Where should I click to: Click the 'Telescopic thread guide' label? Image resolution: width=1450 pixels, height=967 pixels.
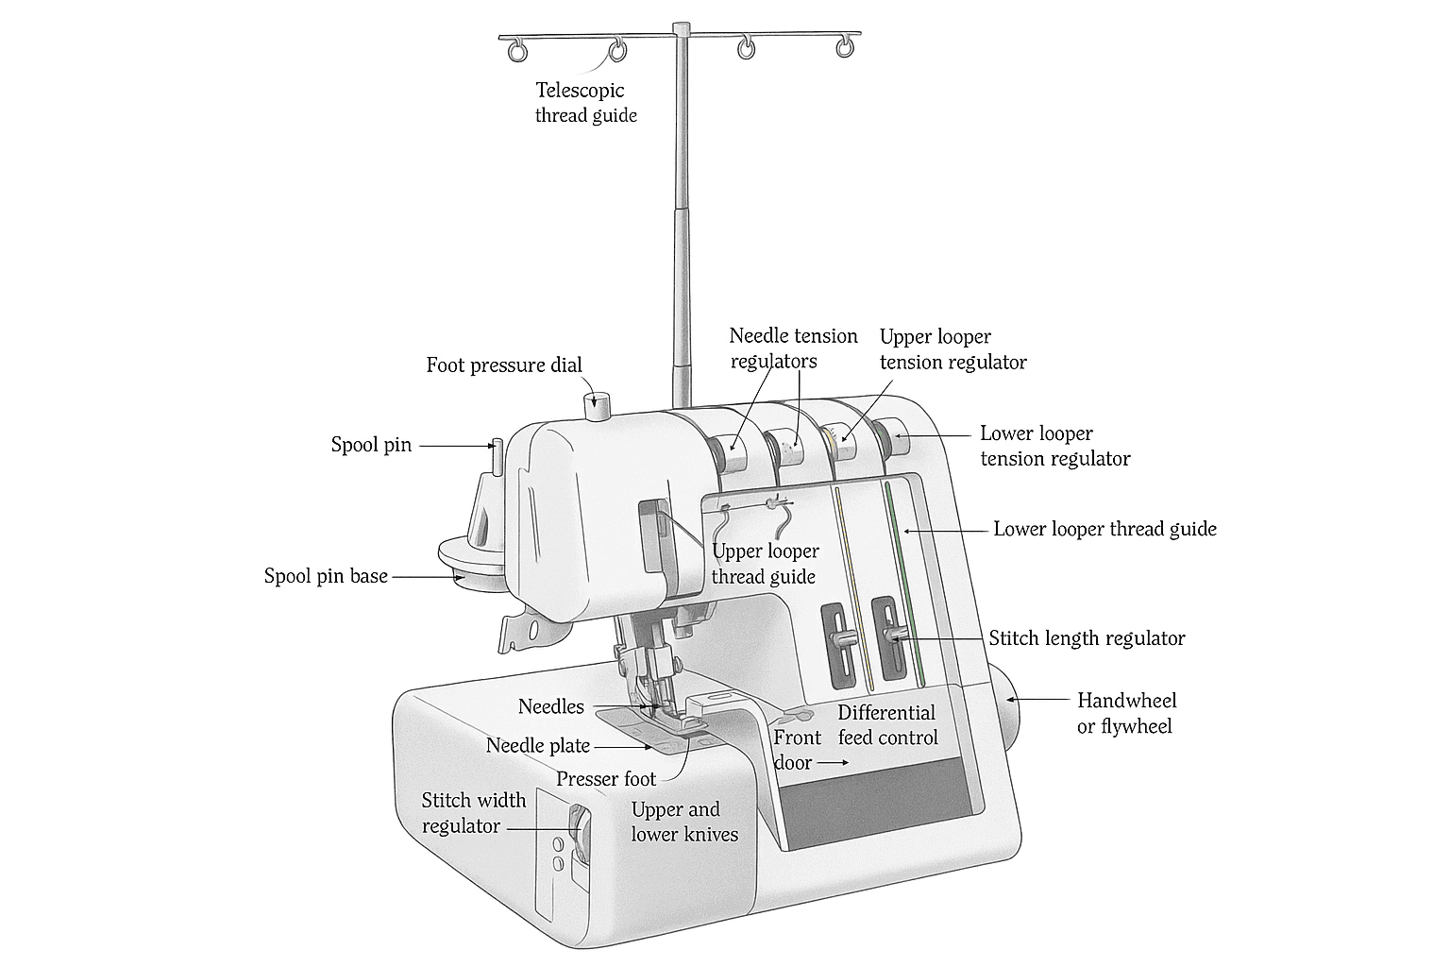pos(585,103)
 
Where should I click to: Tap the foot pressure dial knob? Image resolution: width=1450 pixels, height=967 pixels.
pos(598,408)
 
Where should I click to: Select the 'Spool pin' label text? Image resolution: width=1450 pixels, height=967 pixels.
pos(371,445)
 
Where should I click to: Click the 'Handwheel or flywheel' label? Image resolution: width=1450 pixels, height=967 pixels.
pos(1126,713)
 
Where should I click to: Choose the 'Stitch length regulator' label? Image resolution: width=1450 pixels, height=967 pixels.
pos(1087,638)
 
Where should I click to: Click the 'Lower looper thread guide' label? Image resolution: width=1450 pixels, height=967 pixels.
pos(1104,529)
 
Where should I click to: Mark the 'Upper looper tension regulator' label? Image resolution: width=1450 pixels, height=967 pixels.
pos(953,349)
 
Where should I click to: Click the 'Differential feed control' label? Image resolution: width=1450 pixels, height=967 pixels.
pos(887,725)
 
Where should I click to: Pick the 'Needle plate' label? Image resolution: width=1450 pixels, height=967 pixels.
pos(538,746)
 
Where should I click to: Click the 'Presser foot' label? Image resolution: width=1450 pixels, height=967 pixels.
pos(605,779)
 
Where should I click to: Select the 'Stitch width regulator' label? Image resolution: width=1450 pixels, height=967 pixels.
pos(473,813)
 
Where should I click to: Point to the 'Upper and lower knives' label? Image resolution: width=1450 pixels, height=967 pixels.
pos(684,822)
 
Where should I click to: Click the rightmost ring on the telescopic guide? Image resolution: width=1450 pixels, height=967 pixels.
pos(847,46)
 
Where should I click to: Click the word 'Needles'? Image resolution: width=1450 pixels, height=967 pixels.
pos(550,706)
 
